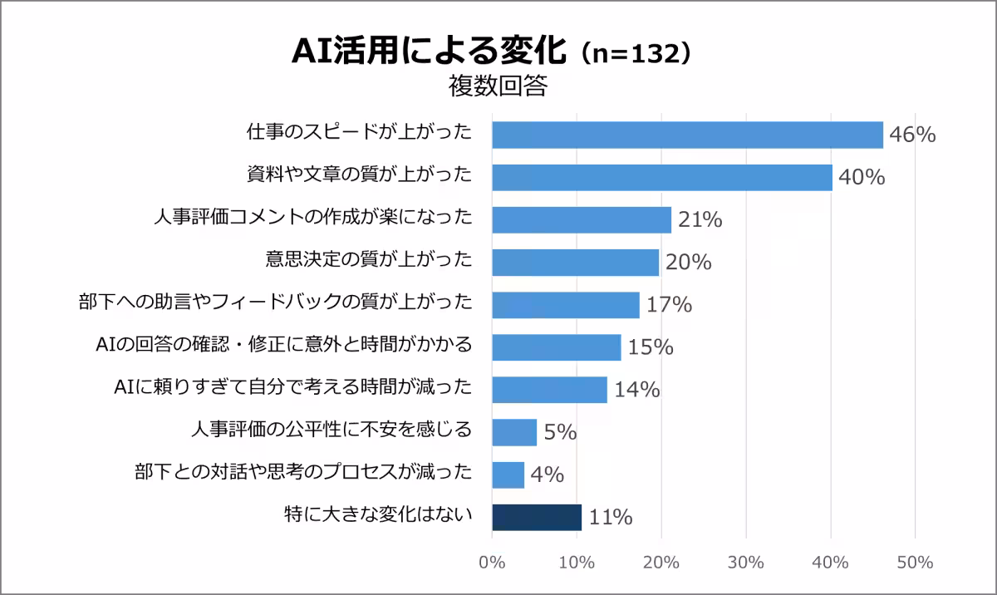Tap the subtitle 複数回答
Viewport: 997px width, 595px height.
coord(498,86)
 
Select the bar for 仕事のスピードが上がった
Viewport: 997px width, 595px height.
coord(687,135)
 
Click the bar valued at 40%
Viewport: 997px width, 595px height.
coord(662,177)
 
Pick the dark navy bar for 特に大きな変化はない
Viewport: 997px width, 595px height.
coord(537,517)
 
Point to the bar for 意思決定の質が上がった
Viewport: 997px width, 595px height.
coord(575,263)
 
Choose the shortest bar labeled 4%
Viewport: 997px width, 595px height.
coord(508,475)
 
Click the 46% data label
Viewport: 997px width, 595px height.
coord(912,135)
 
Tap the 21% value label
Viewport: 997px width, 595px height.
coord(700,220)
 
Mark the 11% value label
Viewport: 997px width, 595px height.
coord(611,518)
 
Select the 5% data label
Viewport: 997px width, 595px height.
coord(560,432)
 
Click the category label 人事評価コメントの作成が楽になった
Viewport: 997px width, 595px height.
coord(313,218)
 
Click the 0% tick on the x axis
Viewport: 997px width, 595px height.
coord(492,563)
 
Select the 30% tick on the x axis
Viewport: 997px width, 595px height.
coord(746,563)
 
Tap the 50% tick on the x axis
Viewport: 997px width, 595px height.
coord(915,563)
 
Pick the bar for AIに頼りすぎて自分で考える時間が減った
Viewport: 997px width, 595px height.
coord(549,390)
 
